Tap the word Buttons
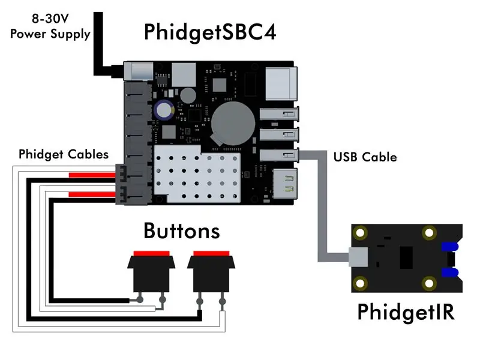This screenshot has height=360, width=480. click(x=182, y=231)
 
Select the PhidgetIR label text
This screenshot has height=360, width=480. click(x=406, y=313)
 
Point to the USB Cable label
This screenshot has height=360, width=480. click(x=365, y=157)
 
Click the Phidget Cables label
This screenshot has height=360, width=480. click(x=64, y=155)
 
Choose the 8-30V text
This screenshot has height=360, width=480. click(x=50, y=19)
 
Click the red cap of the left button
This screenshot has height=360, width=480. click(x=152, y=253)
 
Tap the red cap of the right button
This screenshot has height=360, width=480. click(x=212, y=253)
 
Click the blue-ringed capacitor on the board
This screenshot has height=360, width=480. click(x=164, y=110)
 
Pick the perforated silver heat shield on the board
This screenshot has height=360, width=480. click(x=197, y=174)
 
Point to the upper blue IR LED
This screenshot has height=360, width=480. click(x=449, y=247)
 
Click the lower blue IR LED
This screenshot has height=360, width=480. click(x=449, y=272)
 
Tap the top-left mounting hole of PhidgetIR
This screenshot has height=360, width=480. click(x=361, y=233)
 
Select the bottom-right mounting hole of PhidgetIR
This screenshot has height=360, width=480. click(x=429, y=283)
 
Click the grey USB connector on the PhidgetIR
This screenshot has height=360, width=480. click(x=358, y=257)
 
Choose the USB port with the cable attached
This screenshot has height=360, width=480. click(x=279, y=155)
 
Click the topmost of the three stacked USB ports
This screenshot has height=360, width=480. click(x=279, y=114)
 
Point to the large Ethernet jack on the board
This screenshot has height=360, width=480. click(x=281, y=84)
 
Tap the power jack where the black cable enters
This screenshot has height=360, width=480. click(x=139, y=71)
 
